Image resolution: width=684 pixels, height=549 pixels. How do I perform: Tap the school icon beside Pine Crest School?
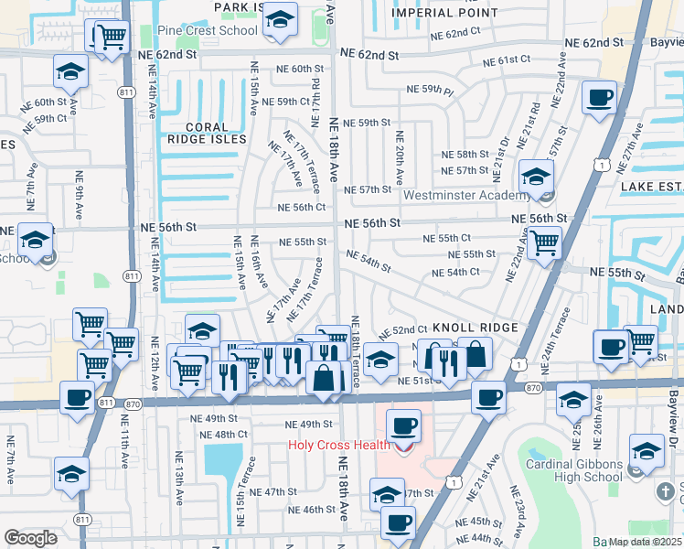[x=280, y=20]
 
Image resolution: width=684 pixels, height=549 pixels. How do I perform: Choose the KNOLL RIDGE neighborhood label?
[x=475, y=327]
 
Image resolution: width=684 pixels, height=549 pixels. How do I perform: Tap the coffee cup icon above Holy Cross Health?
[x=402, y=425]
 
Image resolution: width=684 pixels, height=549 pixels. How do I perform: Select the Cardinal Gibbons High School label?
[x=573, y=470]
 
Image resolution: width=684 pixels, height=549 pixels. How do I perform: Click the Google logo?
[x=30, y=538]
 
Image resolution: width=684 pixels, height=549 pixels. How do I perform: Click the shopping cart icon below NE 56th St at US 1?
[x=544, y=243]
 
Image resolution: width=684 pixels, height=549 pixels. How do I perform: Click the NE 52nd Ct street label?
[x=403, y=329]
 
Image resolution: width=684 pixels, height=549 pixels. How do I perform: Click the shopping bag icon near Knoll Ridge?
[x=475, y=353]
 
